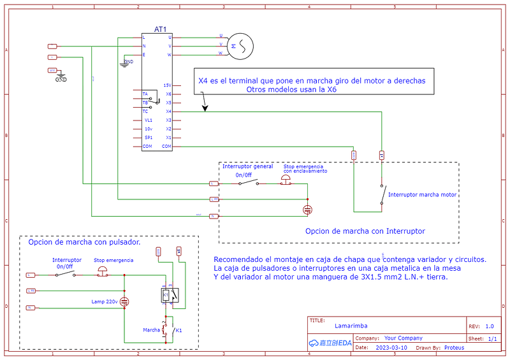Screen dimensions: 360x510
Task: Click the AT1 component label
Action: tap(160, 29)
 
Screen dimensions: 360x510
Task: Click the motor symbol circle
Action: tap(241, 46)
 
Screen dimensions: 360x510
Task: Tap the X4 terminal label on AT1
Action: tap(168, 112)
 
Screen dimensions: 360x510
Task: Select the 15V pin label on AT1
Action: tap(167, 85)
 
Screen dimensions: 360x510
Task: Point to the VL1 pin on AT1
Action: tap(148, 120)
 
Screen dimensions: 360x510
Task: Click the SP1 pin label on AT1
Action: tap(148, 138)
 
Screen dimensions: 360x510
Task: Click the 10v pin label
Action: tap(148, 129)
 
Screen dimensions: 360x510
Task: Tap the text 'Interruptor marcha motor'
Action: tap(422, 194)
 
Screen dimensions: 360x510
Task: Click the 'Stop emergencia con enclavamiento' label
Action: tap(305, 169)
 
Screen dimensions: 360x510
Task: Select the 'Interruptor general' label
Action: tap(247, 166)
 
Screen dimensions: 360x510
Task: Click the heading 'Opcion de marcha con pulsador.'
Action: tap(84, 242)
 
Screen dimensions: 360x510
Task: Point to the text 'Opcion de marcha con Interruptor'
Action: tap(365, 231)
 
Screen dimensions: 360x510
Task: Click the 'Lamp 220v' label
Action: tap(105, 301)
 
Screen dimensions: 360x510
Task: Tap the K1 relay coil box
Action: tap(169, 294)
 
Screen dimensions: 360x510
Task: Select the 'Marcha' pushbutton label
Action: tap(151, 330)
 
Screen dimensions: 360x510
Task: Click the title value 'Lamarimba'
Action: tap(351, 326)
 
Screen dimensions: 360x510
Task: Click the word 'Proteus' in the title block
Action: tap(455, 348)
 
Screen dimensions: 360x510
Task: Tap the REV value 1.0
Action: tap(489, 326)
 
